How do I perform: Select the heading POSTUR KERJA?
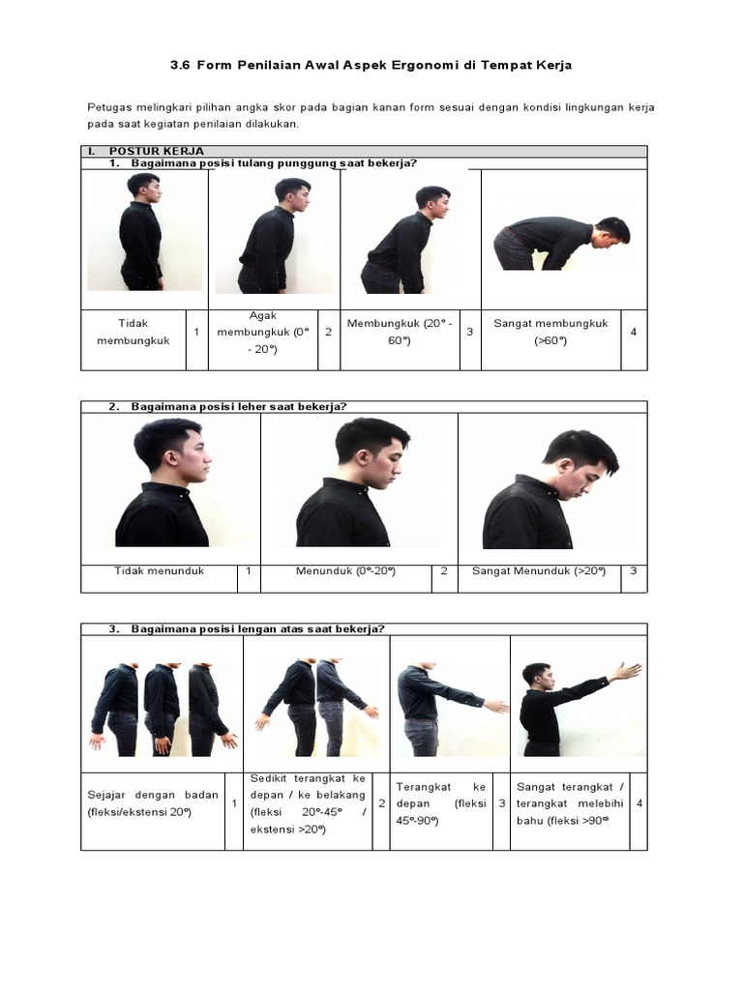tap(148, 152)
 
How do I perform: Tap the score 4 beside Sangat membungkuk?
tap(633, 332)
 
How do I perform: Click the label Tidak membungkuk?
tap(134, 332)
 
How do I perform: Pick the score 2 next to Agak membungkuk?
tap(329, 332)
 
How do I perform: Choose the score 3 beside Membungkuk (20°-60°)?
tap(469, 332)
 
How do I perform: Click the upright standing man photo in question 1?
tap(142, 232)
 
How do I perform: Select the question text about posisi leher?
tap(238, 406)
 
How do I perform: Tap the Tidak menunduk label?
tap(160, 570)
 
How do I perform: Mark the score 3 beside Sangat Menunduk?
tap(633, 570)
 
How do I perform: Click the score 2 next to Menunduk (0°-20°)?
tap(444, 570)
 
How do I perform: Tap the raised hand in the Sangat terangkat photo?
tap(627, 670)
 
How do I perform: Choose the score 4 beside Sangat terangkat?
tap(639, 804)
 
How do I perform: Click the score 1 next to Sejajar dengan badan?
tap(234, 804)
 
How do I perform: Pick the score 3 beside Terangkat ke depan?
tap(501, 804)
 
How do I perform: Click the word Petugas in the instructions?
tap(108, 106)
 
